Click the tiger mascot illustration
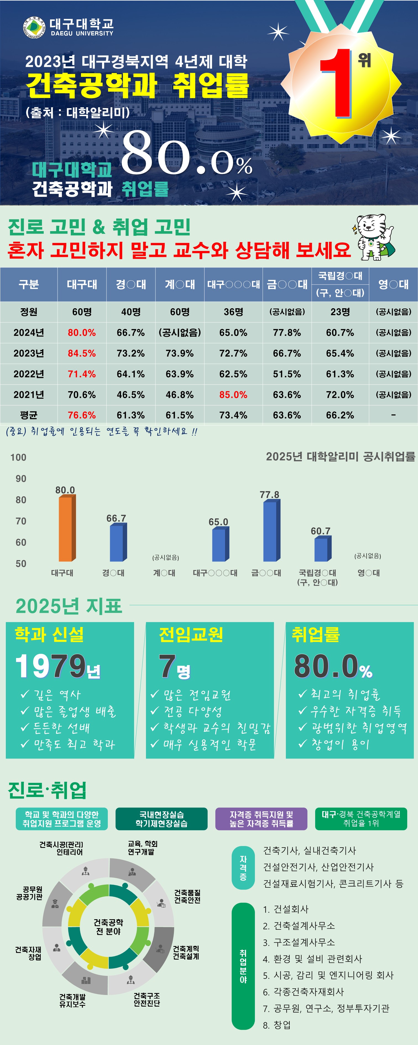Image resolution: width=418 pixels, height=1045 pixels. coord(374,237)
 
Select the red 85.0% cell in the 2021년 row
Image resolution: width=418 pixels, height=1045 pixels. coord(233,394)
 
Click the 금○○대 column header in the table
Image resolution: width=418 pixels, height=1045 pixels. coord(287,284)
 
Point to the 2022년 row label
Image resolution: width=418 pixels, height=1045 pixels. coord(28,373)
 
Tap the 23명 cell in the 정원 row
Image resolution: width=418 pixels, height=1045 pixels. coord(340,312)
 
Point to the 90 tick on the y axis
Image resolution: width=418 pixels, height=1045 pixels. coord(21,479)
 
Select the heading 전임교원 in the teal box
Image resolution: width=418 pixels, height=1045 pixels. coord(191,635)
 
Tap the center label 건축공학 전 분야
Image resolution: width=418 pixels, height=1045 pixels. coord(108,927)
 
